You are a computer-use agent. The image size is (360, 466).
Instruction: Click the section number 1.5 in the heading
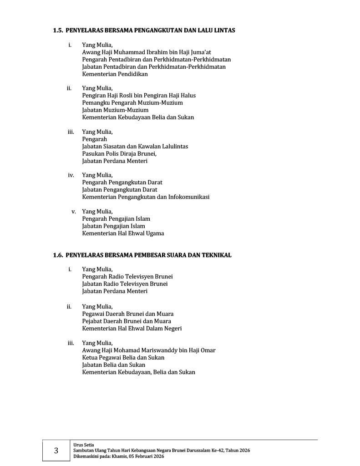(57, 30)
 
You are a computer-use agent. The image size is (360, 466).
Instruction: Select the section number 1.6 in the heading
(57, 255)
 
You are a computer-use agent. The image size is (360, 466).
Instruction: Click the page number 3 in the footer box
(56, 451)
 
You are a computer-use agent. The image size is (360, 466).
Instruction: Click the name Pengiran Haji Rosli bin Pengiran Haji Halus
(139, 96)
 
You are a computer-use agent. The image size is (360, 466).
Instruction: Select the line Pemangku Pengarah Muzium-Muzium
(132, 103)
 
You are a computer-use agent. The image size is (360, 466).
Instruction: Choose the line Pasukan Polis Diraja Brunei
(119, 154)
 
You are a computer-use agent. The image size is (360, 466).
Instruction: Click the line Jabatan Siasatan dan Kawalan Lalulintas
(135, 147)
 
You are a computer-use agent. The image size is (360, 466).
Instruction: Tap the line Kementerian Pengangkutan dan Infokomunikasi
(146, 197)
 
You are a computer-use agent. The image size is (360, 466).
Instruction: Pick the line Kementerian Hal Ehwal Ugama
(123, 233)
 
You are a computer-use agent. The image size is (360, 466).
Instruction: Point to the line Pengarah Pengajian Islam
(116, 219)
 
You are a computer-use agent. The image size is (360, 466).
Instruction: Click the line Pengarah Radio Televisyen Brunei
(127, 277)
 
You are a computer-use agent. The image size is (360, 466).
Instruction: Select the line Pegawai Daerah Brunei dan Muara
(127, 314)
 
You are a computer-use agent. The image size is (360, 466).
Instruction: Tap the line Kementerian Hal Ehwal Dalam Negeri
(132, 329)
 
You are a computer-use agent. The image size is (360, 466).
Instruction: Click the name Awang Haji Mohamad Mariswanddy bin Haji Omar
(148, 350)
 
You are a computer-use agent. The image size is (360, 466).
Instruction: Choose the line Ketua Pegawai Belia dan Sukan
(123, 358)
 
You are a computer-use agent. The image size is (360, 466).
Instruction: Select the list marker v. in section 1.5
(73, 212)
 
